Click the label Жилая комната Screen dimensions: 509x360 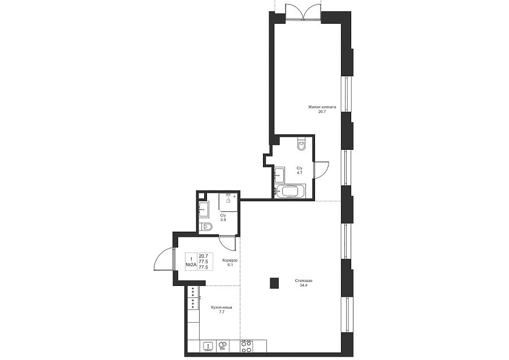coord(322,107)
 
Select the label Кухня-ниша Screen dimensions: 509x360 coord(221,307)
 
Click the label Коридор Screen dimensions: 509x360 coord(230,261)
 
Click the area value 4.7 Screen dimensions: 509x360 coord(299,173)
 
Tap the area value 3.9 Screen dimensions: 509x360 coord(223,220)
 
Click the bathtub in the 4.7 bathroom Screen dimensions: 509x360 coord(290,191)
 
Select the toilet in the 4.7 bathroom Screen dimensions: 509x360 coord(301,144)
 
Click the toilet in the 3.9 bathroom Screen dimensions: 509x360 coord(206,227)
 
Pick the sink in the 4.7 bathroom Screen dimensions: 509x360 coord(279,175)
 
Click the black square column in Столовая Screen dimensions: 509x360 coord(274,283)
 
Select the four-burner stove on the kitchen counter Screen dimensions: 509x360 coord(246,346)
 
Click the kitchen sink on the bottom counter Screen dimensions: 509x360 coord(208,346)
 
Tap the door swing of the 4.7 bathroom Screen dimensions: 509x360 coord(321,170)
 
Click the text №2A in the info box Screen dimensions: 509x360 coord(191,264)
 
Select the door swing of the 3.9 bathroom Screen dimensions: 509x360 coord(227,243)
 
